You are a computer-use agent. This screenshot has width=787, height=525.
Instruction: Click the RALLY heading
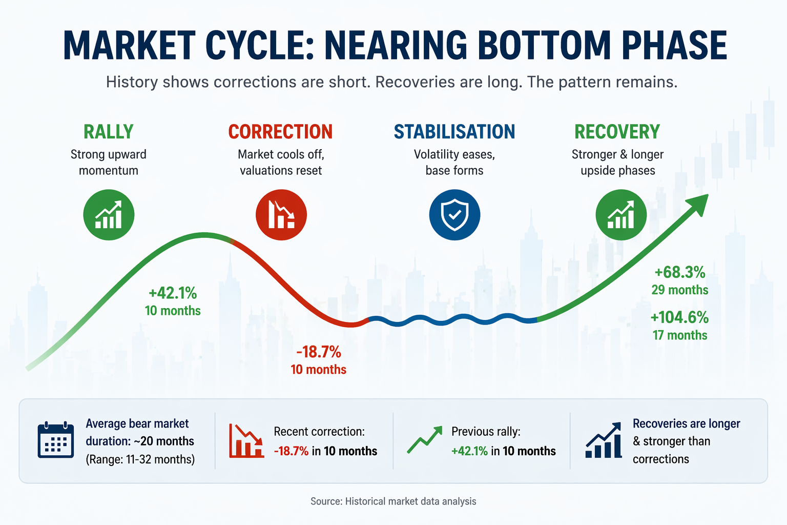(x=109, y=132)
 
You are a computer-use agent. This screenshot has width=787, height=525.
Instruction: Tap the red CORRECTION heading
(x=280, y=132)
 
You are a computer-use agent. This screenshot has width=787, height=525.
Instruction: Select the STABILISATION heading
(x=454, y=132)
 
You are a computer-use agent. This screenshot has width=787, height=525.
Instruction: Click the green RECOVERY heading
(x=617, y=132)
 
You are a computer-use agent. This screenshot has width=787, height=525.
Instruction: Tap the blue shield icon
(x=454, y=215)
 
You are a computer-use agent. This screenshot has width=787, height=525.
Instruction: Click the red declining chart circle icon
(x=281, y=215)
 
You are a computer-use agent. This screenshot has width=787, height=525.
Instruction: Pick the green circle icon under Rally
(x=109, y=215)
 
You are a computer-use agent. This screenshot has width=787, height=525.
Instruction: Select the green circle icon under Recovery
(x=621, y=215)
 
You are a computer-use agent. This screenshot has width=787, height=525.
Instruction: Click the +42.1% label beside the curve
(x=173, y=293)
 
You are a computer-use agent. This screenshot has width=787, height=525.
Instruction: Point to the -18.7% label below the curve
(x=319, y=352)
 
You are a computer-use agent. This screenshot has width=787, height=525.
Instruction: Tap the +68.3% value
(x=680, y=272)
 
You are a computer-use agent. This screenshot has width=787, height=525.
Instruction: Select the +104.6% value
(x=679, y=317)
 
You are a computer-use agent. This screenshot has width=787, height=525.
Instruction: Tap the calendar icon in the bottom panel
(x=56, y=440)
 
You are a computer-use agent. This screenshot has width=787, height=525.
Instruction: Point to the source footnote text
(x=393, y=501)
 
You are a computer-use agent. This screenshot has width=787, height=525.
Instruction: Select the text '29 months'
(x=680, y=290)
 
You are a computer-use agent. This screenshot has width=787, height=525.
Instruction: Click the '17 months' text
(x=680, y=335)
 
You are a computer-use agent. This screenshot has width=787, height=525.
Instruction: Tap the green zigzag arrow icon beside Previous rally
(x=424, y=440)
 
